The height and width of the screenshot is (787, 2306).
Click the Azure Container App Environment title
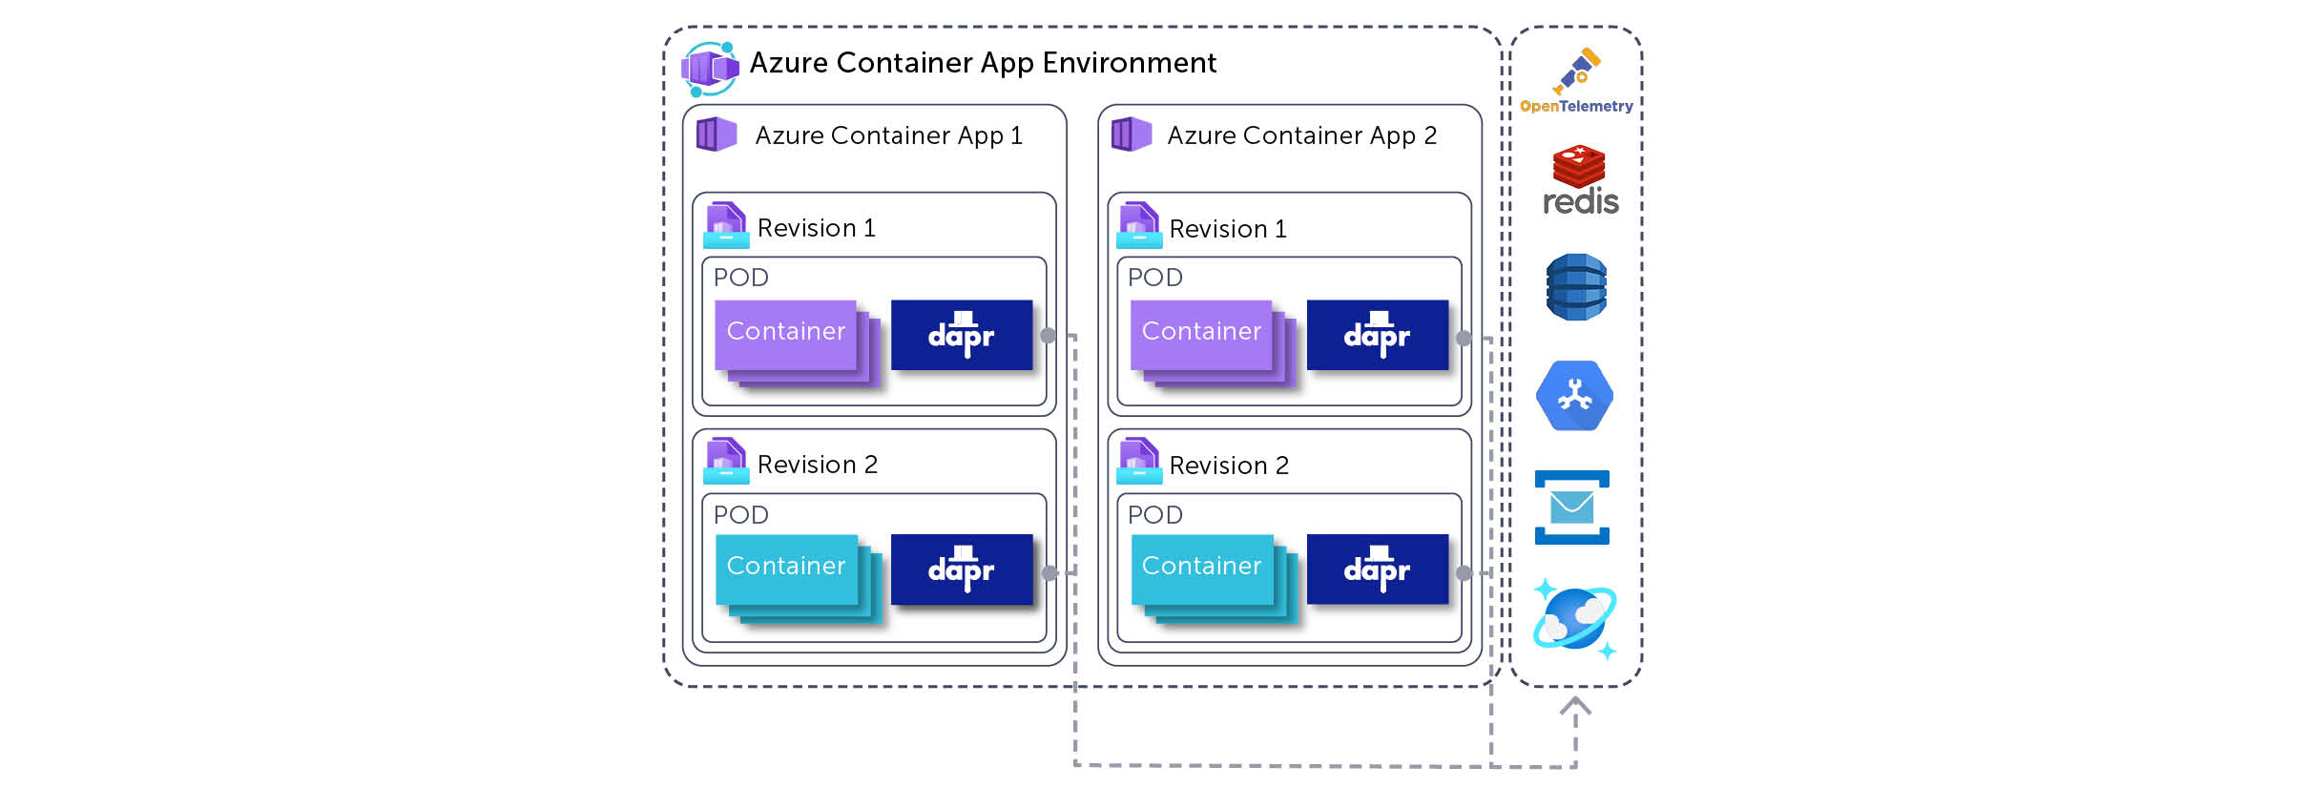coord(983,63)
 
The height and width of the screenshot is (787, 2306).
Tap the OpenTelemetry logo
coord(1576,81)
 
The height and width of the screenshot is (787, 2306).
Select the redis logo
coord(1580,180)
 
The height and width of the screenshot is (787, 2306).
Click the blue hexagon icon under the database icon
coord(1574,396)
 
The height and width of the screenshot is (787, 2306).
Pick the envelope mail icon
coord(1572,507)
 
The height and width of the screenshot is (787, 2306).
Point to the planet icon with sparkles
coord(1575,618)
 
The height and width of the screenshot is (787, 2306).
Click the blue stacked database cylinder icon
coord(1576,287)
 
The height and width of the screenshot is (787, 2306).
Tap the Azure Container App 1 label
coord(888,135)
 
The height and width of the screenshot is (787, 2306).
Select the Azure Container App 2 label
coord(1301,135)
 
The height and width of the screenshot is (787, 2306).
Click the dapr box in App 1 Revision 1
coord(962,335)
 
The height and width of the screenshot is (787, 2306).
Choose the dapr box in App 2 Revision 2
coord(1378,570)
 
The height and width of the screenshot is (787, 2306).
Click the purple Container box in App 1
coord(786,335)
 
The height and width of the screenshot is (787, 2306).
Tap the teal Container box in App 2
coord(1202,570)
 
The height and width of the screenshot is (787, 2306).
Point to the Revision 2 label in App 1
coord(818,465)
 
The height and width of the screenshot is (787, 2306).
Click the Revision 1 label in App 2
coord(1228,229)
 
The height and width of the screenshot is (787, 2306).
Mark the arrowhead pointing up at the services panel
coord(1575,706)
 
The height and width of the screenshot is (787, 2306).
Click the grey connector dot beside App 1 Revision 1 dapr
coord(1048,336)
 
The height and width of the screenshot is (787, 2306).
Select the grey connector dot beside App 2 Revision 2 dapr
coord(1464,573)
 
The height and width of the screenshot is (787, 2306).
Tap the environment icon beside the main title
coord(710,69)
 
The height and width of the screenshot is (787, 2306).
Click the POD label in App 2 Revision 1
coord(1155,278)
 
